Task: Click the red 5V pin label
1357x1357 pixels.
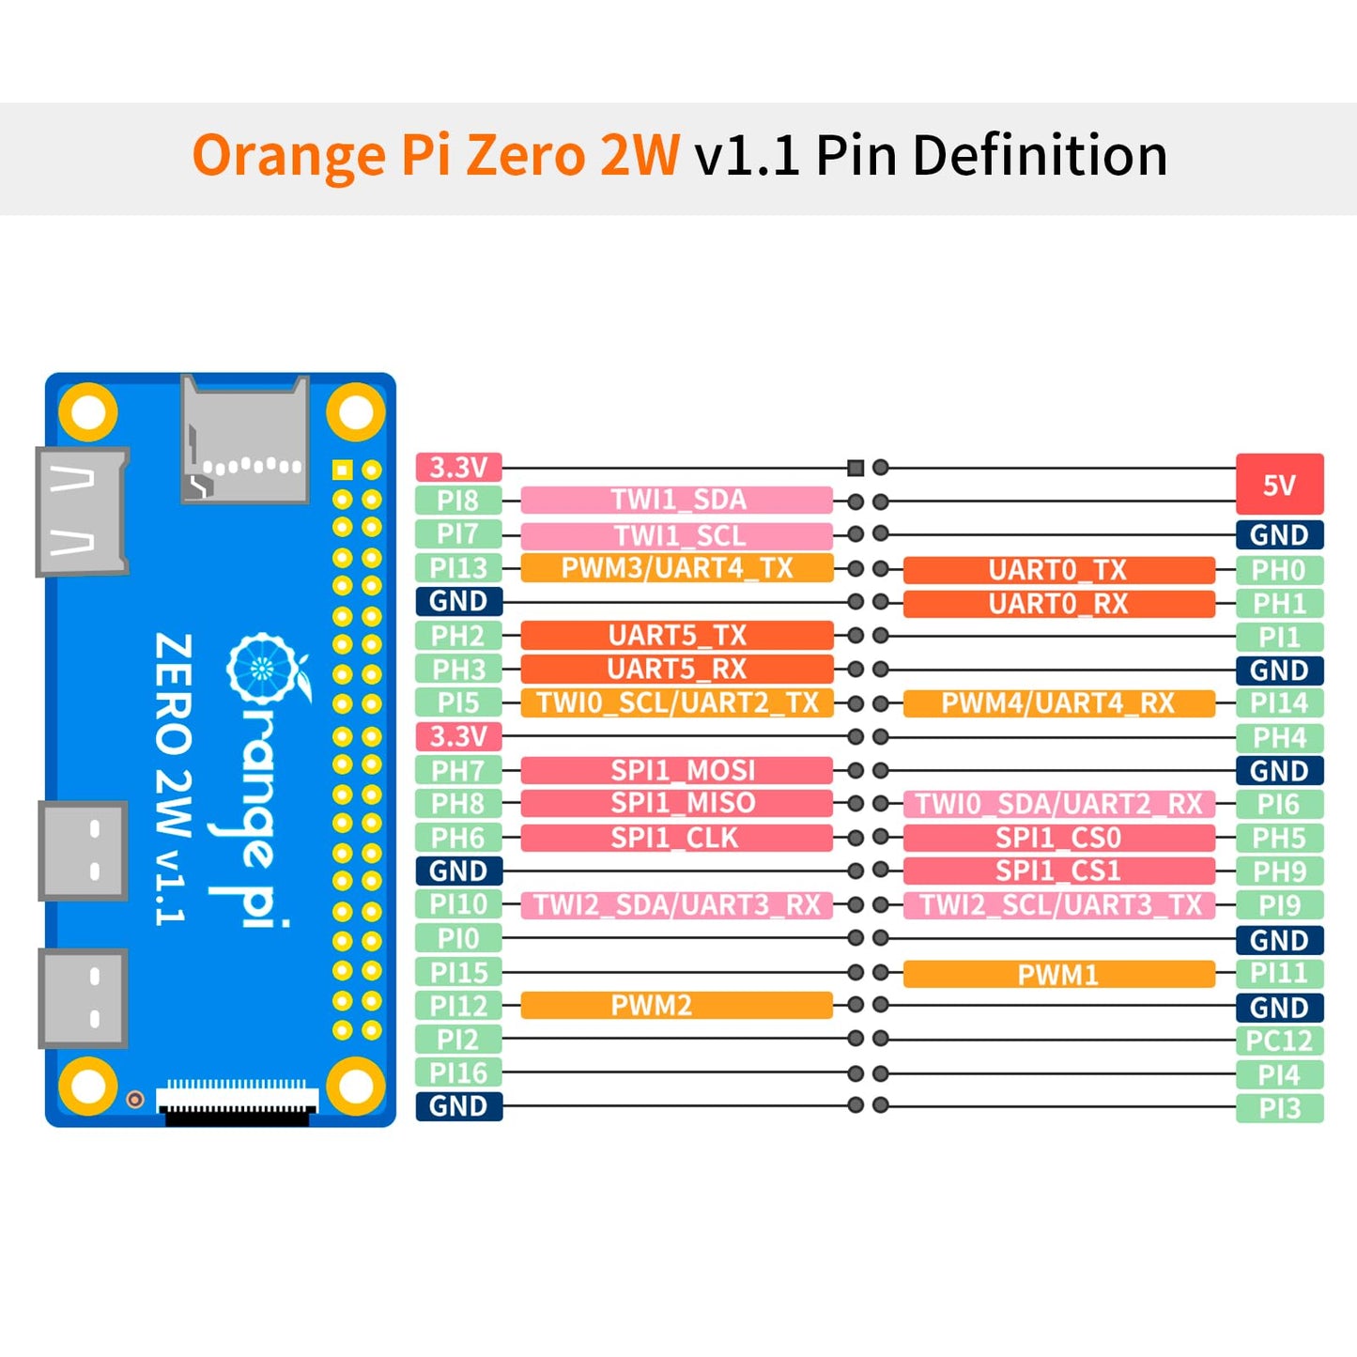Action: [1279, 485]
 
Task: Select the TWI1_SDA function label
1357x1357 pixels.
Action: [677, 500]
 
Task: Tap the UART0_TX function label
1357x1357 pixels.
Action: [1058, 570]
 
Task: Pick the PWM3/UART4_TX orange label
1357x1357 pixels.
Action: [677, 568]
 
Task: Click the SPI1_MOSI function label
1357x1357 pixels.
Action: [677, 770]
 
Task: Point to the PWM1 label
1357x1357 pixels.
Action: [1058, 974]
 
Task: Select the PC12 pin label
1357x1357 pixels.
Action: [1279, 1041]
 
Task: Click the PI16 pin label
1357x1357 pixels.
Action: [458, 1072]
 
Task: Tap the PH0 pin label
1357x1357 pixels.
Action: [1279, 570]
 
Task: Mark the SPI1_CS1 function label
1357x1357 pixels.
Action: [1058, 871]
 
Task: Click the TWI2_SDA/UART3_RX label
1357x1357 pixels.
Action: [677, 904]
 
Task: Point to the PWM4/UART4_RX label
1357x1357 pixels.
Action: [1058, 703]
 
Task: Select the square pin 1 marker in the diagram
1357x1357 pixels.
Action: [855, 467]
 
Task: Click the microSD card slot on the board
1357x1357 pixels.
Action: [245, 439]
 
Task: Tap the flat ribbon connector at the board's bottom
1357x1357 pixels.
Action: [238, 1101]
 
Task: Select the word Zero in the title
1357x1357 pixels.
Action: [526, 155]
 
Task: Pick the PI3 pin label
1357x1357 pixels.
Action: [1279, 1108]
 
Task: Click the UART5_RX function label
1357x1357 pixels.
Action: [677, 669]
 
